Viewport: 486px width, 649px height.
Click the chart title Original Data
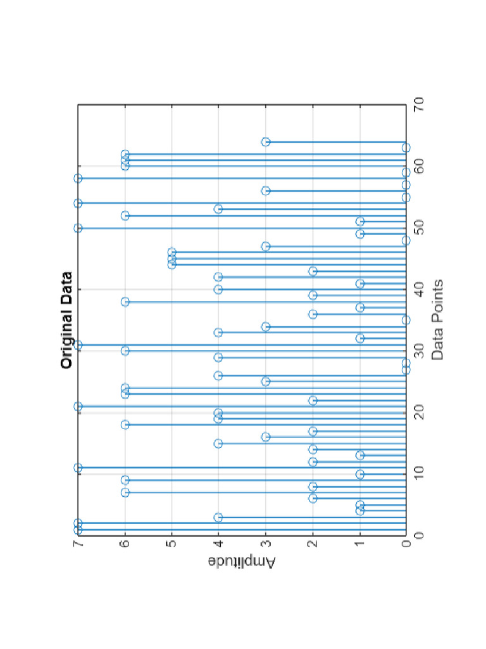[66, 320]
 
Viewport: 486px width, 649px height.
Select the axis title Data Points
[437, 320]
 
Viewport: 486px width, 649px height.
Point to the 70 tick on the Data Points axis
[418, 105]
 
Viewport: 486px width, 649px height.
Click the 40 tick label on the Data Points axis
[418, 290]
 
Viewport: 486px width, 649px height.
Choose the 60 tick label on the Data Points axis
[418, 166]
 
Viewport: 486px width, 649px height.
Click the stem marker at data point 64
[266, 141]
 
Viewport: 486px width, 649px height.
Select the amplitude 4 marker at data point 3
[218, 517]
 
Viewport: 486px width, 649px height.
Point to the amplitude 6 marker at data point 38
[125, 302]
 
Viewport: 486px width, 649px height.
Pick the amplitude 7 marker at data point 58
[78, 179]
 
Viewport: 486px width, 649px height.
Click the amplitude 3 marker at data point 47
[266, 246]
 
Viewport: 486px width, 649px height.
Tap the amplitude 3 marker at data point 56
[266, 191]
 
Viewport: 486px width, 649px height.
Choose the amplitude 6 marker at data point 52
[125, 215]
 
